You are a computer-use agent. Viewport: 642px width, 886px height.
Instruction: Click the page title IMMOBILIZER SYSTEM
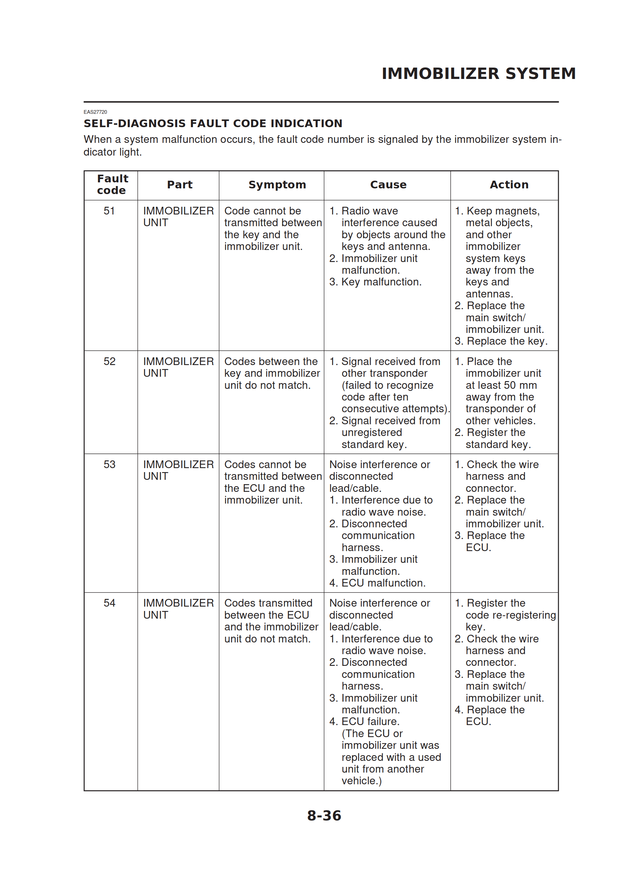(478, 73)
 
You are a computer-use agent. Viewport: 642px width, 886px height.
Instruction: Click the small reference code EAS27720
(95, 112)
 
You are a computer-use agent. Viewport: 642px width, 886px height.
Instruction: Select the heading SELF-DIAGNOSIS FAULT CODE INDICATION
(213, 123)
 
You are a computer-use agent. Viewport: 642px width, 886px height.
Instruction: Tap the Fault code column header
(112, 184)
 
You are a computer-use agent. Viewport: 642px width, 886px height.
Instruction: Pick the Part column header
(180, 184)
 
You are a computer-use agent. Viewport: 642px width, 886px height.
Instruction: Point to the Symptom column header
(277, 184)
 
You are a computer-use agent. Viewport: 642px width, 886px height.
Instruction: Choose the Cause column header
(388, 184)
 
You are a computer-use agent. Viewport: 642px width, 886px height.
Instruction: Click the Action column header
(509, 184)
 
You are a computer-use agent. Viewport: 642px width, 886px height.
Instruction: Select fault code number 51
(109, 211)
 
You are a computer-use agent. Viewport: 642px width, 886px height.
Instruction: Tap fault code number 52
(109, 361)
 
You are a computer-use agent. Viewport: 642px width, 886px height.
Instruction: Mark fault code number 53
(109, 464)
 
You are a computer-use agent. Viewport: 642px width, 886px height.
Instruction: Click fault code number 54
(109, 603)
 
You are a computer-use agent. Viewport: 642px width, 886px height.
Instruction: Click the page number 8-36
(324, 816)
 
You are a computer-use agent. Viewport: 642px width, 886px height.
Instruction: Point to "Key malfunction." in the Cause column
(381, 282)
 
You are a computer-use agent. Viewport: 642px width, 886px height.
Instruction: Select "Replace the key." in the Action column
(507, 341)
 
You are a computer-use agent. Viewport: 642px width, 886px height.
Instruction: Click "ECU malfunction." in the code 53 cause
(384, 583)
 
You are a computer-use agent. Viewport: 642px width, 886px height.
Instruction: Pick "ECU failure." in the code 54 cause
(370, 721)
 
